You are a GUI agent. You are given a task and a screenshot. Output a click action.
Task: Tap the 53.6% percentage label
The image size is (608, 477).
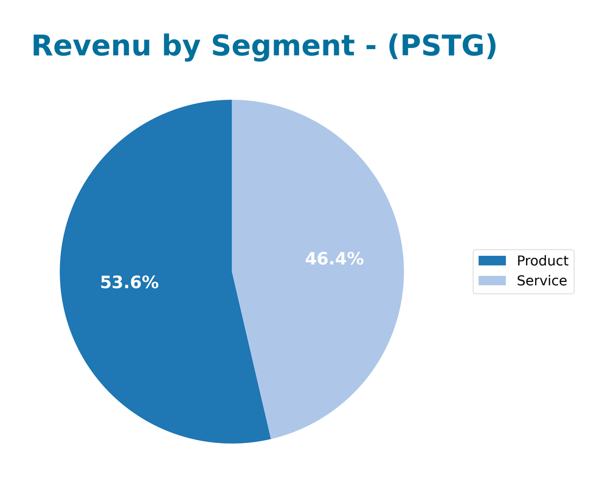tap(129, 283)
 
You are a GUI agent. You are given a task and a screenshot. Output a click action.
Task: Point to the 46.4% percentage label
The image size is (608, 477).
tap(334, 259)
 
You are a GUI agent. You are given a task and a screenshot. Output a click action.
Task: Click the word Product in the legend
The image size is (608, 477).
tap(542, 261)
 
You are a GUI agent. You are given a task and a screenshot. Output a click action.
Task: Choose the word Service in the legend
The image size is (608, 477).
tap(541, 281)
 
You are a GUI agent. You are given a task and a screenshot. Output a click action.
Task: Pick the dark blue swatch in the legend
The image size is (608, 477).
tap(492, 261)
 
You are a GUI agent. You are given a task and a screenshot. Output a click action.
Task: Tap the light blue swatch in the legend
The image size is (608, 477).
tap(492, 281)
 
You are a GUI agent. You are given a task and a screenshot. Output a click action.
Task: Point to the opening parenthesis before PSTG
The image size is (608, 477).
tap(392, 47)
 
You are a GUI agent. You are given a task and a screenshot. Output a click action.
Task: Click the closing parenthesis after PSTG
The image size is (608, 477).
tap(491, 47)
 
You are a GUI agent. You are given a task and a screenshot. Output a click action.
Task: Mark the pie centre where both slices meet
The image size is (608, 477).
tap(232, 272)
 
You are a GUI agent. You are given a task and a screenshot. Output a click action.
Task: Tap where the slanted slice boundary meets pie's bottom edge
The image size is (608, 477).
tap(271, 439)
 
